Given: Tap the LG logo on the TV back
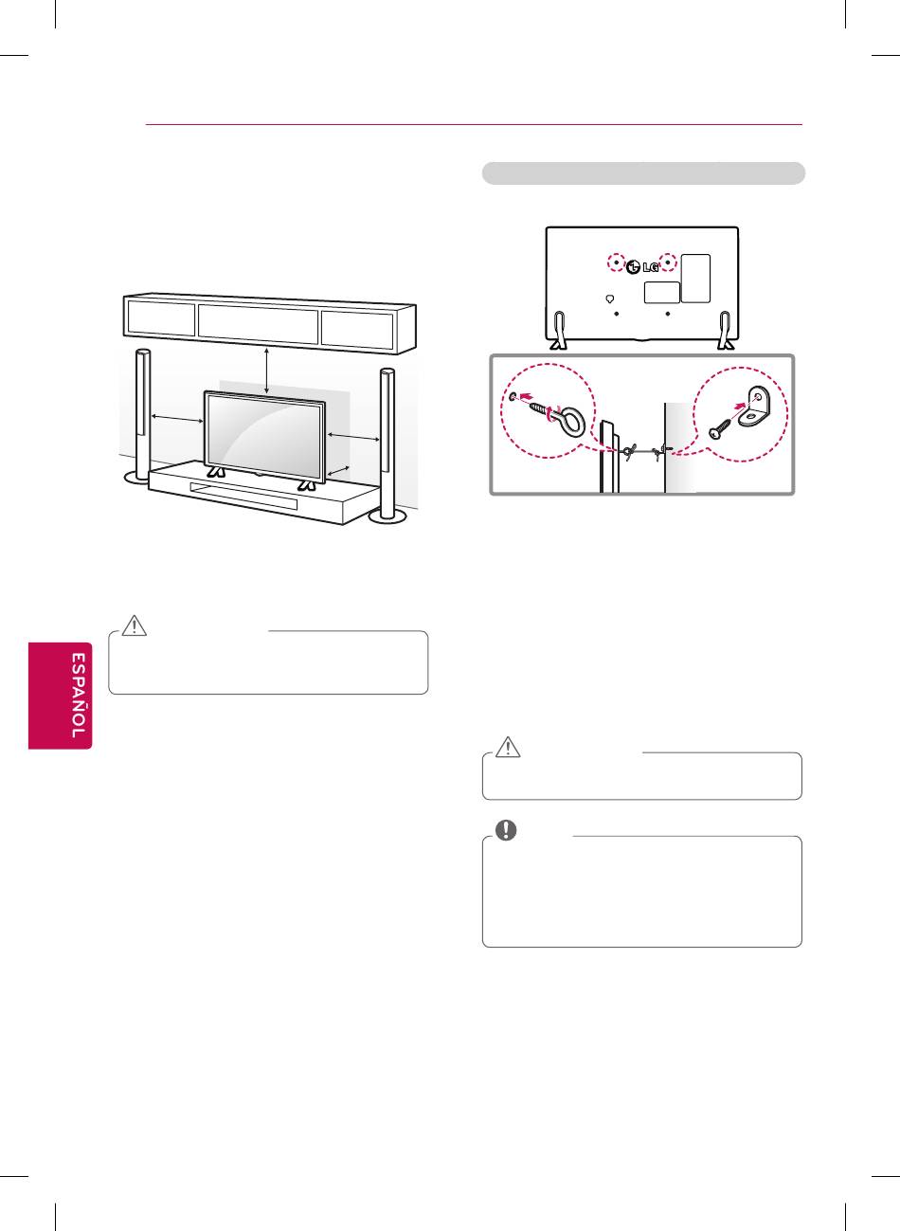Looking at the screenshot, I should pos(642,266).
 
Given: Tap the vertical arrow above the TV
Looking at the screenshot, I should pos(268,371).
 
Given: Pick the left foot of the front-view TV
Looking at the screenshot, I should pos(216,470).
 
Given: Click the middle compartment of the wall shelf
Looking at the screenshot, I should pos(258,323).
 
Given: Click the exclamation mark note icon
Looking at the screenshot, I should pos(509,830).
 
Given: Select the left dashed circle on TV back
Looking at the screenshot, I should pos(617,262).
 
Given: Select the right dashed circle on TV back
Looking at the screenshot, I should pos(669,262).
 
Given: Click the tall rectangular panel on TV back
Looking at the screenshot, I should pos(695,278).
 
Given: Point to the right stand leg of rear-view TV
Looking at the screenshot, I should pos(727,329).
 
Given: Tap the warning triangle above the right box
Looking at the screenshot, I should pos(509,748).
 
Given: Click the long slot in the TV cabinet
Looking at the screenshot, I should pos(243,495).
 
